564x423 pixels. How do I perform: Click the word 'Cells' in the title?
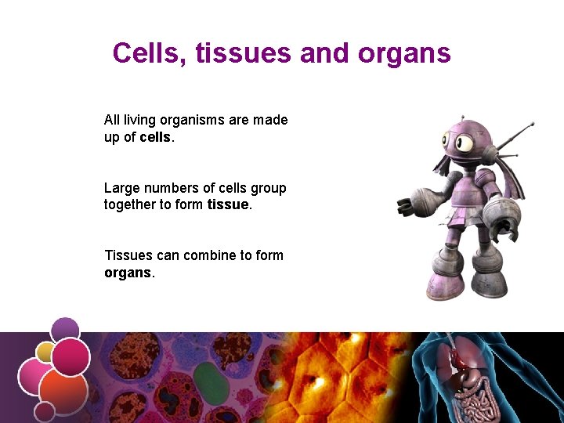[x=148, y=53]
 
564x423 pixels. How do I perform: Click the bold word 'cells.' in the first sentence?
[x=157, y=137]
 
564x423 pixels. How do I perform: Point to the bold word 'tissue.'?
[x=230, y=205]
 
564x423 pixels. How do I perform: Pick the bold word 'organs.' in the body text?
[x=129, y=273]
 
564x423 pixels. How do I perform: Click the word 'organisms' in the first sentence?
[x=193, y=120]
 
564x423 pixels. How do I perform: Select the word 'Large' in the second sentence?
[x=121, y=188]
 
